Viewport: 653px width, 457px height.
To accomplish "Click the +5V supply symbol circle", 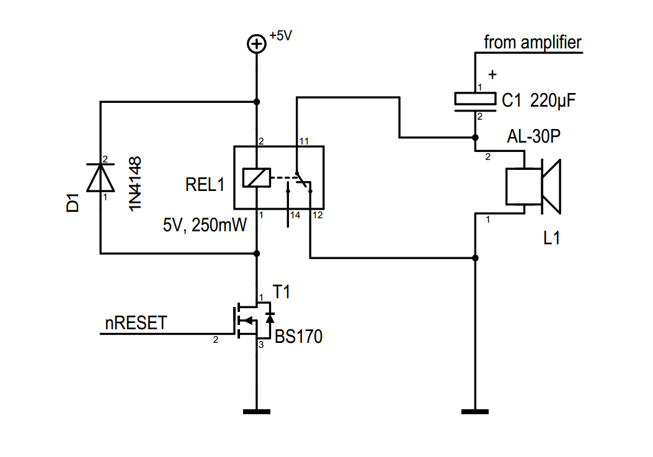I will tap(257, 43).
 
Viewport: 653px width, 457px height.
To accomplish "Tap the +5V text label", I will tap(280, 36).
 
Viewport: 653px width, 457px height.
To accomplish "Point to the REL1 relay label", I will tap(204, 184).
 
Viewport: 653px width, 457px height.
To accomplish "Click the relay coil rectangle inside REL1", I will tap(257, 178).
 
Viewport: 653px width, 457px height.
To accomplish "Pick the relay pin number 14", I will tap(294, 215).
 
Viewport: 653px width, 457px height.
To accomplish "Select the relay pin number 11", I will tap(303, 141).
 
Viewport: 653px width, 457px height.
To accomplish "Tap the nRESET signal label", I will tap(136, 323).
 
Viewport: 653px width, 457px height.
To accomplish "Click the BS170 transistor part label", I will tap(298, 337).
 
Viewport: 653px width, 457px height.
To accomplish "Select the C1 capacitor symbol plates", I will tap(475, 100).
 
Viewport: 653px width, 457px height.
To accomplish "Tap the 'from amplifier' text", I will tap(533, 43).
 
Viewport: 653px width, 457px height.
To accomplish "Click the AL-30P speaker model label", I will tap(533, 137).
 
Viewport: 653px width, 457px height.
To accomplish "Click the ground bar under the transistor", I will tap(257, 410).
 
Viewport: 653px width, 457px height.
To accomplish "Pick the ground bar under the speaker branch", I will tap(475, 410).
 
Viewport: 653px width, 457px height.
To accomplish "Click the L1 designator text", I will tap(551, 237).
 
